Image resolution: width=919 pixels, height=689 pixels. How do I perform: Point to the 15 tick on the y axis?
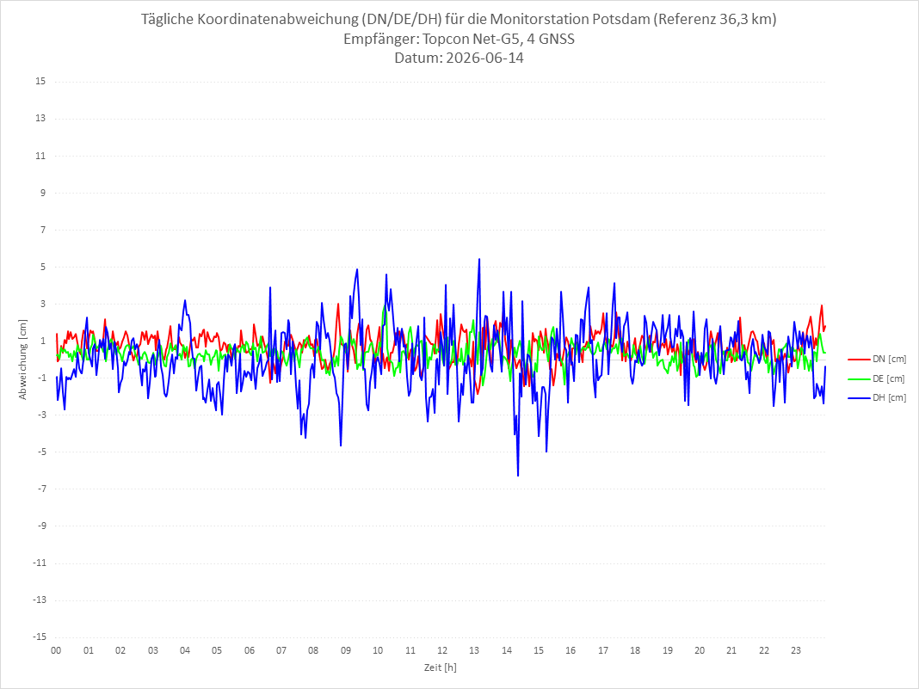point(40,82)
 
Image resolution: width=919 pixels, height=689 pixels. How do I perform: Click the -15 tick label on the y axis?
point(39,637)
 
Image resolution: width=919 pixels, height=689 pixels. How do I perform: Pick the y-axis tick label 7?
point(43,230)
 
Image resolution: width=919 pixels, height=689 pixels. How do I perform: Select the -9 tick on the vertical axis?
point(41,526)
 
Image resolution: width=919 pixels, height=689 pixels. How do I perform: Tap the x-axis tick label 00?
point(56,650)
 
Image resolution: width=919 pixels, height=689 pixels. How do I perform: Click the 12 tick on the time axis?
point(442,650)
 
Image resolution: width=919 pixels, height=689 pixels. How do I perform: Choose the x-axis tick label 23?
point(796,650)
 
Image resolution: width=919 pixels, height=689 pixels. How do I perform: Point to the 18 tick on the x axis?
point(635,650)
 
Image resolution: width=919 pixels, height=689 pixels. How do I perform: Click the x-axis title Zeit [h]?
point(441,667)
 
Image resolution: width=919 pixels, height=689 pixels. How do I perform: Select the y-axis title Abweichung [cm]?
point(23,360)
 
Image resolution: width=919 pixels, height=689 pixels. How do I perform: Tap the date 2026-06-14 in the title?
point(484,58)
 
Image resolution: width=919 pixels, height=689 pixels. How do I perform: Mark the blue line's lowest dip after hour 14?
point(518,476)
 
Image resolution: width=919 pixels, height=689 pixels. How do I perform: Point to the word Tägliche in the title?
point(167,19)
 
